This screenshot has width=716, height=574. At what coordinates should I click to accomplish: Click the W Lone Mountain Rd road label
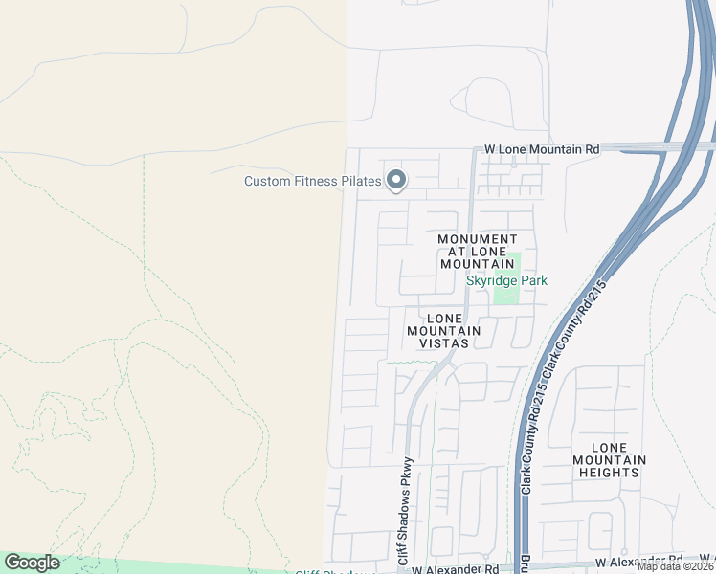542,149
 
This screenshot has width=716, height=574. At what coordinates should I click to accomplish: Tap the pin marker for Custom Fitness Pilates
395,180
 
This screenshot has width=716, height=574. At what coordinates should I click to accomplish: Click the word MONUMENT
478,238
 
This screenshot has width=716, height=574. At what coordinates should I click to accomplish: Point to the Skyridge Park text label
505,280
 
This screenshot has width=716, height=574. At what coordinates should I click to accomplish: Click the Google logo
32,563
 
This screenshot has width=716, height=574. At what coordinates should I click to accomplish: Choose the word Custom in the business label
267,181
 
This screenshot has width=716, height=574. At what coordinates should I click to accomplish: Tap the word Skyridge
490,280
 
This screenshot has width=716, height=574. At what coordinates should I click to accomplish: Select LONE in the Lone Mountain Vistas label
444,318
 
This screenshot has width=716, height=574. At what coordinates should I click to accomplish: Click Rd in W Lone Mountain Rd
592,149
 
